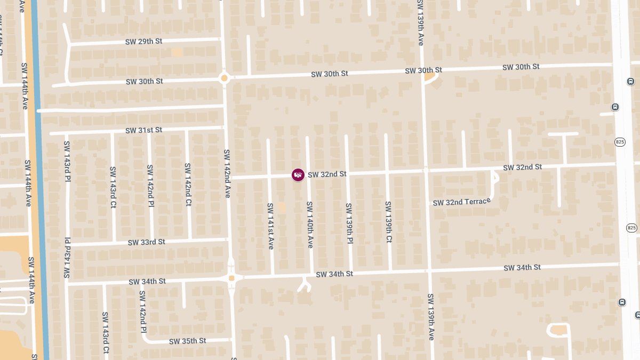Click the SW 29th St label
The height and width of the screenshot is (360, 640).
144,42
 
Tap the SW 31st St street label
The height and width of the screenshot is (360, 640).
144,130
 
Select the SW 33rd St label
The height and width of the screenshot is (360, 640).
146,242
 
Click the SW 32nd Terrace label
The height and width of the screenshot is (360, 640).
461,202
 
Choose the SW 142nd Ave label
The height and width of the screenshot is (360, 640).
227,173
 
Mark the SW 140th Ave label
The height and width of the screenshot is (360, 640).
309,225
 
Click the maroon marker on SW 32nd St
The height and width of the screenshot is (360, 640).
298,175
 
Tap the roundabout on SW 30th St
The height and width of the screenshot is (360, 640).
224,78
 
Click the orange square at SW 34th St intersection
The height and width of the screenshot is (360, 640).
231,278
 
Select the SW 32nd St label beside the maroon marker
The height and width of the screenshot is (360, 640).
327,174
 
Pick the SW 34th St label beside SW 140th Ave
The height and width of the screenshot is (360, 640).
334,274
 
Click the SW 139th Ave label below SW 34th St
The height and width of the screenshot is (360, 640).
431,317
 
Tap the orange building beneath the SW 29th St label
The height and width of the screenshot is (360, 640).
177,52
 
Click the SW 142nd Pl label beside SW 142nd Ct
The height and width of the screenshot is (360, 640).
151,186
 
